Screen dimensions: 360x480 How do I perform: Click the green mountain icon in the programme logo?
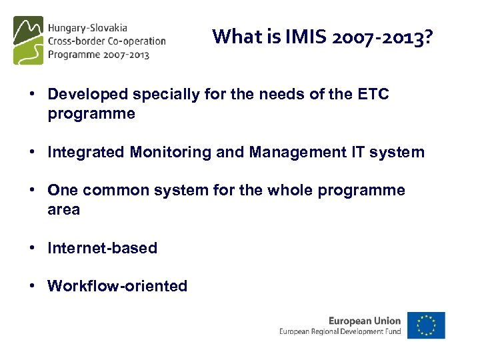[x=28, y=41]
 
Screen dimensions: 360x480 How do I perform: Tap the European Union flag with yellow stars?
[x=427, y=325]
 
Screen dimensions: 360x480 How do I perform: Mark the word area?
[x=63, y=210]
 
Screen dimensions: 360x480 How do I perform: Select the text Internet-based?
[x=102, y=248]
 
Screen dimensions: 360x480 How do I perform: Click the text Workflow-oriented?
[x=117, y=287]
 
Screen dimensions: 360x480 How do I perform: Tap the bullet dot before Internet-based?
[x=31, y=248]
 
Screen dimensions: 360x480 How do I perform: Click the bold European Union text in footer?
[x=365, y=321]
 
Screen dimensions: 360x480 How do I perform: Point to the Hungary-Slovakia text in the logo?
[x=87, y=28]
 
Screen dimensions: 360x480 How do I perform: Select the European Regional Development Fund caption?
[x=340, y=331]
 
